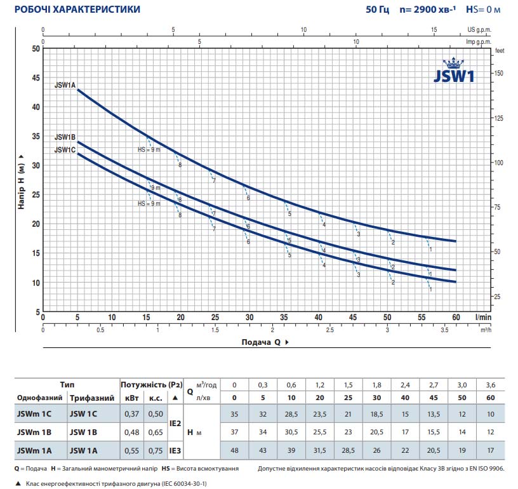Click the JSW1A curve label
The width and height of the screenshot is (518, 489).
(65, 84)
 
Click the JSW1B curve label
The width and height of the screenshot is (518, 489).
(65, 137)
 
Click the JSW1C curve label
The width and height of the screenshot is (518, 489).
(65, 150)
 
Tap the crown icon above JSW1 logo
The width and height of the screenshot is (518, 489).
(455, 62)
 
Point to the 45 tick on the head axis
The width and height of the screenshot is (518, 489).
(36, 77)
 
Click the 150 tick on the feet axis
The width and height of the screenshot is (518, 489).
(499, 74)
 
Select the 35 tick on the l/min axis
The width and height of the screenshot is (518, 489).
(284, 318)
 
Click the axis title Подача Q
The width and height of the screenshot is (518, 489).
(261, 342)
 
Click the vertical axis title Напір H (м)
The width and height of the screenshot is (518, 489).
(21, 181)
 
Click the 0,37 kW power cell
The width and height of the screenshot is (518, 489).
(132, 414)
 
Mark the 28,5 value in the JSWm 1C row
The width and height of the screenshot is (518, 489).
(291, 414)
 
